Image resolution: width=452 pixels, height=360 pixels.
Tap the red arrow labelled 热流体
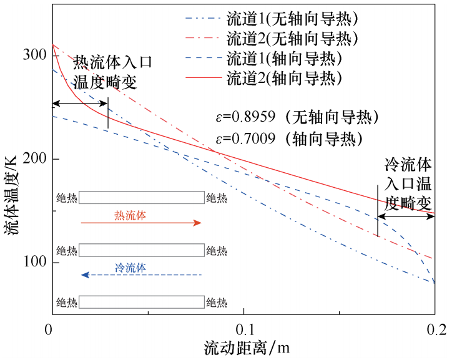point(141,223)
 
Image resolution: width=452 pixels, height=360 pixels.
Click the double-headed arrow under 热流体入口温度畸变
point(80,104)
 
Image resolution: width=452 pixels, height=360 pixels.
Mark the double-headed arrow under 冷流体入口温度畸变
point(406,216)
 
